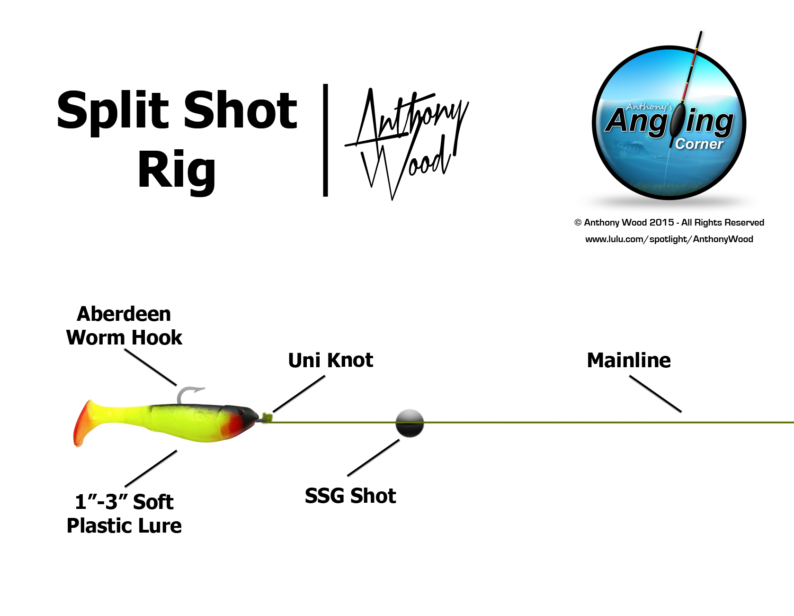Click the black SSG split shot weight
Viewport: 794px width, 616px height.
tap(410, 423)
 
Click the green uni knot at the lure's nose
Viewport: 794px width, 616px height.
tap(267, 418)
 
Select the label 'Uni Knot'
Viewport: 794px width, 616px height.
tap(330, 360)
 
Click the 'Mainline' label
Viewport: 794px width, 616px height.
tap(629, 360)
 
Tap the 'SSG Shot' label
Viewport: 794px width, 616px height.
tap(350, 496)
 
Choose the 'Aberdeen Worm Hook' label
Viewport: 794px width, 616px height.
tap(124, 326)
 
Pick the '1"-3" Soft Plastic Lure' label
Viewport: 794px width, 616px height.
tap(124, 514)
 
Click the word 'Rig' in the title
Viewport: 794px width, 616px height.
tap(177, 171)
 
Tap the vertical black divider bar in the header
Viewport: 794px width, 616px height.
tap(325, 140)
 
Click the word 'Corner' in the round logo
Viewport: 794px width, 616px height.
tap(699, 144)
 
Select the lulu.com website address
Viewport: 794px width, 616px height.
tap(669, 239)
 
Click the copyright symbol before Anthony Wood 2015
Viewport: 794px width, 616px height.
tap(578, 223)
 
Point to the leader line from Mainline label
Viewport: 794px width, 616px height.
tap(655, 394)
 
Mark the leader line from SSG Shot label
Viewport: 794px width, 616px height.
tap(374, 458)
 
